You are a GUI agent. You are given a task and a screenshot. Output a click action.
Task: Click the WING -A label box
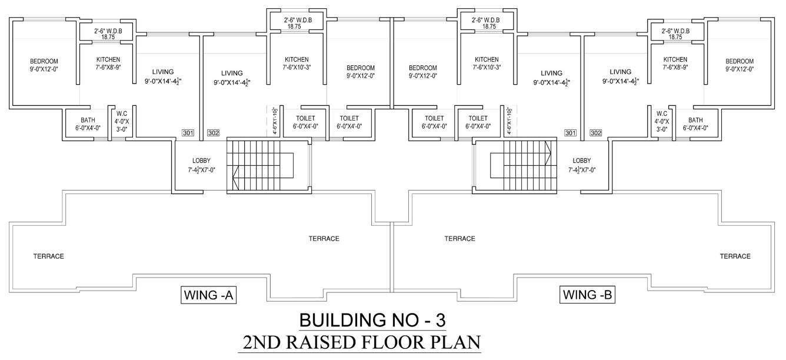(x=209, y=295)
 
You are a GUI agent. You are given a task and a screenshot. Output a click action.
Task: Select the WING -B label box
(x=588, y=295)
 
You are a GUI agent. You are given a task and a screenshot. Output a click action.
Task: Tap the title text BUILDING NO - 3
(x=373, y=321)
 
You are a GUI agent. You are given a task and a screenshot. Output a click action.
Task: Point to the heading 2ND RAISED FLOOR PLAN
(x=359, y=342)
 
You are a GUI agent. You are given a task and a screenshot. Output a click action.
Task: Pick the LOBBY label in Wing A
(x=201, y=161)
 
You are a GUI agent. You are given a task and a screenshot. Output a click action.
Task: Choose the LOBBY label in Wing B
(x=582, y=161)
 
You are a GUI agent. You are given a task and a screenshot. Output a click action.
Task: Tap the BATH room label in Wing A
(x=88, y=120)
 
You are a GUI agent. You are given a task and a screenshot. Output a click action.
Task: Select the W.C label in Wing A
(x=122, y=114)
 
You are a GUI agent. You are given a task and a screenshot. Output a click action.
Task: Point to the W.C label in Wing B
(x=661, y=114)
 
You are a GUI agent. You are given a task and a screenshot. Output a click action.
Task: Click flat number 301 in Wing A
(x=188, y=133)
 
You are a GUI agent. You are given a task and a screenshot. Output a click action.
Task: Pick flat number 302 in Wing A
(x=213, y=133)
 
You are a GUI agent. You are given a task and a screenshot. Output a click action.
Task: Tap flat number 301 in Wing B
(x=570, y=133)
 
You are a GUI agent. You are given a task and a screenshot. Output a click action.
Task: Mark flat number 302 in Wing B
(x=595, y=133)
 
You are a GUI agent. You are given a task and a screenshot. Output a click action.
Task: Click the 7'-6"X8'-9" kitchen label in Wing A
(x=108, y=67)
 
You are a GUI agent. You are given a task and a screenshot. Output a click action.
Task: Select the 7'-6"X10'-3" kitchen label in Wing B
(x=487, y=67)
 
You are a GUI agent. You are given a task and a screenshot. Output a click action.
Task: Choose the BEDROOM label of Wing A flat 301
(x=44, y=61)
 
